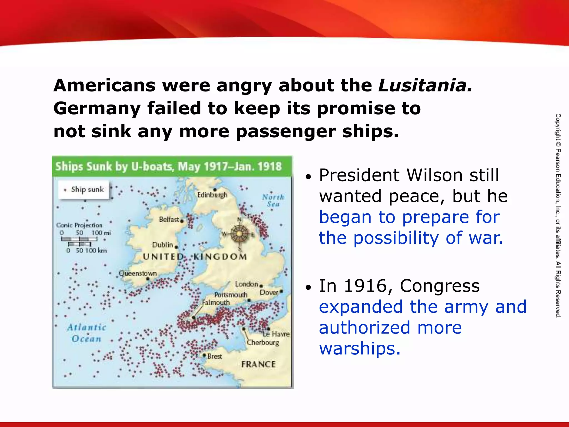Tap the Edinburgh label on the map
[x=212, y=195]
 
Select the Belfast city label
[x=169, y=220]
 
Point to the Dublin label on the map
[x=163, y=245]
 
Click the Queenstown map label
[x=138, y=274]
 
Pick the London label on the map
[x=247, y=284]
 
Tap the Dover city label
[x=269, y=292]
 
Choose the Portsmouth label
[x=231, y=295]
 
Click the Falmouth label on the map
[x=216, y=302]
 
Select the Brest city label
[x=214, y=356]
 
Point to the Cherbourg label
[x=263, y=342]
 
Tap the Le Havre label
[x=276, y=334]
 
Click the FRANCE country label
[x=258, y=364]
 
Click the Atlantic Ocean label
[x=86, y=333]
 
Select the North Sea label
[x=273, y=200]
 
